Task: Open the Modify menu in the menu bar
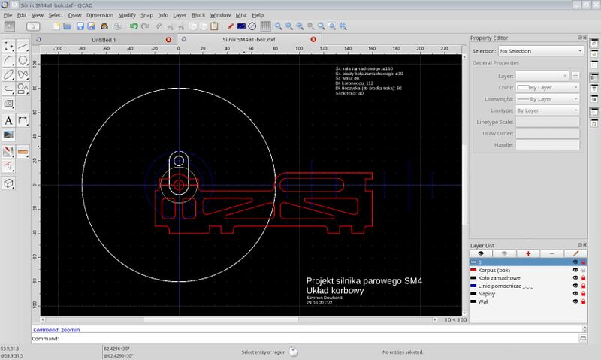127,14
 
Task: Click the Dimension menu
100,14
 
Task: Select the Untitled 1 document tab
104,39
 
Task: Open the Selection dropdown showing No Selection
539,51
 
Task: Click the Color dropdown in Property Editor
547,87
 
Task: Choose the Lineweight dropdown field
547,98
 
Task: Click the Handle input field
547,144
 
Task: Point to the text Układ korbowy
335,290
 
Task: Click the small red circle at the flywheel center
179,184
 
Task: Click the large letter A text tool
8,119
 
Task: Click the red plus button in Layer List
528,253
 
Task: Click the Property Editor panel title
496,38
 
